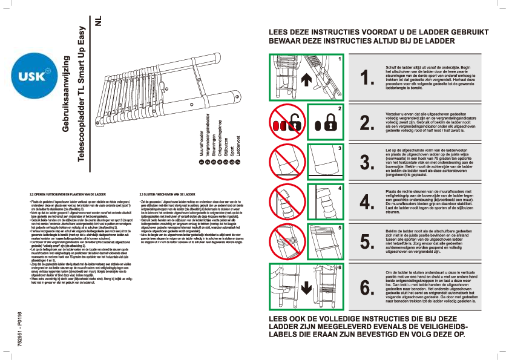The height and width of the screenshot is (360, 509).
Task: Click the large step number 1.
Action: pyautogui.click(x=367, y=77)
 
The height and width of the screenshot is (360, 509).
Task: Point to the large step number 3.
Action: pyautogui.click(x=367, y=162)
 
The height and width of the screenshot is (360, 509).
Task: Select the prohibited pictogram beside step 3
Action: pyautogui.click(x=287, y=162)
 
